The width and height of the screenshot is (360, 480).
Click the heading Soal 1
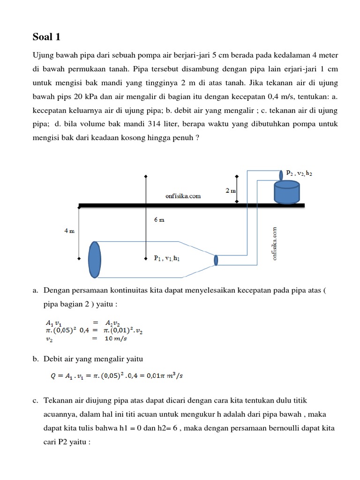click(x=46, y=37)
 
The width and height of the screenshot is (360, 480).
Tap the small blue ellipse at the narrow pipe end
click(x=216, y=260)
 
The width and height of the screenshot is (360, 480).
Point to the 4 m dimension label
click(x=69, y=231)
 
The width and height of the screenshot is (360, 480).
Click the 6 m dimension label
click(x=159, y=220)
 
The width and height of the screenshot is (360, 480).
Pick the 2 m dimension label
click(x=230, y=191)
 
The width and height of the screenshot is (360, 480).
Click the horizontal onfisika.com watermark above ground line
click(x=183, y=196)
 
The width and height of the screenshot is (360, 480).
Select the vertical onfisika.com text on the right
click(x=275, y=243)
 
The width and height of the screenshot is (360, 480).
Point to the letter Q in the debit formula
click(x=53, y=375)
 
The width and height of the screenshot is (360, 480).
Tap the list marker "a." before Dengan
click(x=35, y=291)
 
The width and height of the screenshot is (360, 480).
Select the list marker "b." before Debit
click(x=35, y=359)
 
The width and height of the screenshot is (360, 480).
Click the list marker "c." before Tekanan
click(x=35, y=400)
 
